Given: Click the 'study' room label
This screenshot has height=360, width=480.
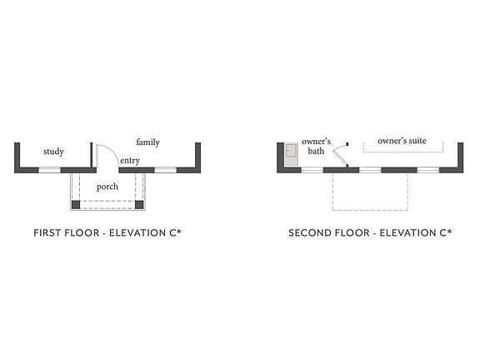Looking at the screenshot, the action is click(x=53, y=152).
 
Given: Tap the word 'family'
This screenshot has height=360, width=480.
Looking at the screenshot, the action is click(x=147, y=142).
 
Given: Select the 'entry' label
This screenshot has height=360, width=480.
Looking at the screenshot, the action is click(x=130, y=160).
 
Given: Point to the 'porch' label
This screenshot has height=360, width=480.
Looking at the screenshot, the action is click(x=107, y=187).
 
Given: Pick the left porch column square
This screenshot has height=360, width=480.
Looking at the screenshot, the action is click(x=76, y=204).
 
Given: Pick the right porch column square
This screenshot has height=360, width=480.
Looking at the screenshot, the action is click(x=139, y=204).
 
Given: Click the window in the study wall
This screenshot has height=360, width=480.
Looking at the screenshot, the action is click(x=50, y=170).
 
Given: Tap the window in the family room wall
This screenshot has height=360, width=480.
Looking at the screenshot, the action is click(x=165, y=170).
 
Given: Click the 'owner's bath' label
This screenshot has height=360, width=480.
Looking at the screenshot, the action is click(x=316, y=146).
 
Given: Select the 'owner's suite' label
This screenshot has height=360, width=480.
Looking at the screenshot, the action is click(x=402, y=141).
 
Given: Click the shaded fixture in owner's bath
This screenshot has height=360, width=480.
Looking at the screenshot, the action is click(x=291, y=154).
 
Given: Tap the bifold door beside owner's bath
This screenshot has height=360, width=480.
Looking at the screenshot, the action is click(x=340, y=155).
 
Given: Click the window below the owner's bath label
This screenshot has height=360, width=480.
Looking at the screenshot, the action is click(x=312, y=170).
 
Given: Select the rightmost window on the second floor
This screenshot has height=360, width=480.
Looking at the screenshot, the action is click(x=428, y=170).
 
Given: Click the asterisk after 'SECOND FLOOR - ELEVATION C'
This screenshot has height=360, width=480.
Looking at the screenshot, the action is click(x=449, y=232).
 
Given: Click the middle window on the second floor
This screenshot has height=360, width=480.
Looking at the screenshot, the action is click(x=370, y=170).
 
